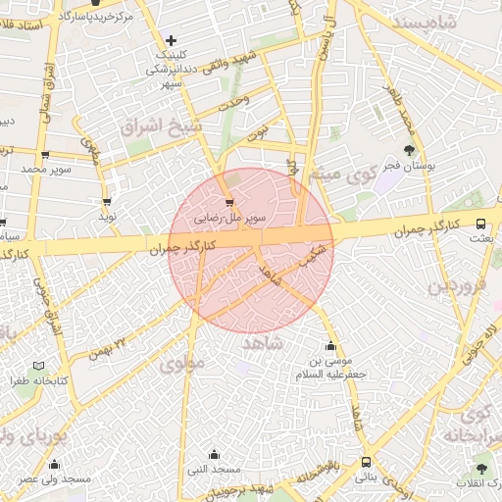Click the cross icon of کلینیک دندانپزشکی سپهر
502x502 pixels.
click(172, 40)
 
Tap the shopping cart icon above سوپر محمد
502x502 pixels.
click(45, 155)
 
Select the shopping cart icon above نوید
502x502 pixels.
click(106, 201)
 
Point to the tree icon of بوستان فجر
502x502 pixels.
click(409, 150)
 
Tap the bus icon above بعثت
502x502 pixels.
click(480, 223)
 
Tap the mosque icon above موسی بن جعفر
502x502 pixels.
click(330, 345)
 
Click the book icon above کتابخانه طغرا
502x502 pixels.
click(38, 366)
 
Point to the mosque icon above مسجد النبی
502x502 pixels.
click(214, 453)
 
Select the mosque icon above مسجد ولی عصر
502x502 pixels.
click(53, 464)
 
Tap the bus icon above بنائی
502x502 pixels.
click(366, 463)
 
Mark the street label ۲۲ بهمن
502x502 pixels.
click(108, 347)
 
